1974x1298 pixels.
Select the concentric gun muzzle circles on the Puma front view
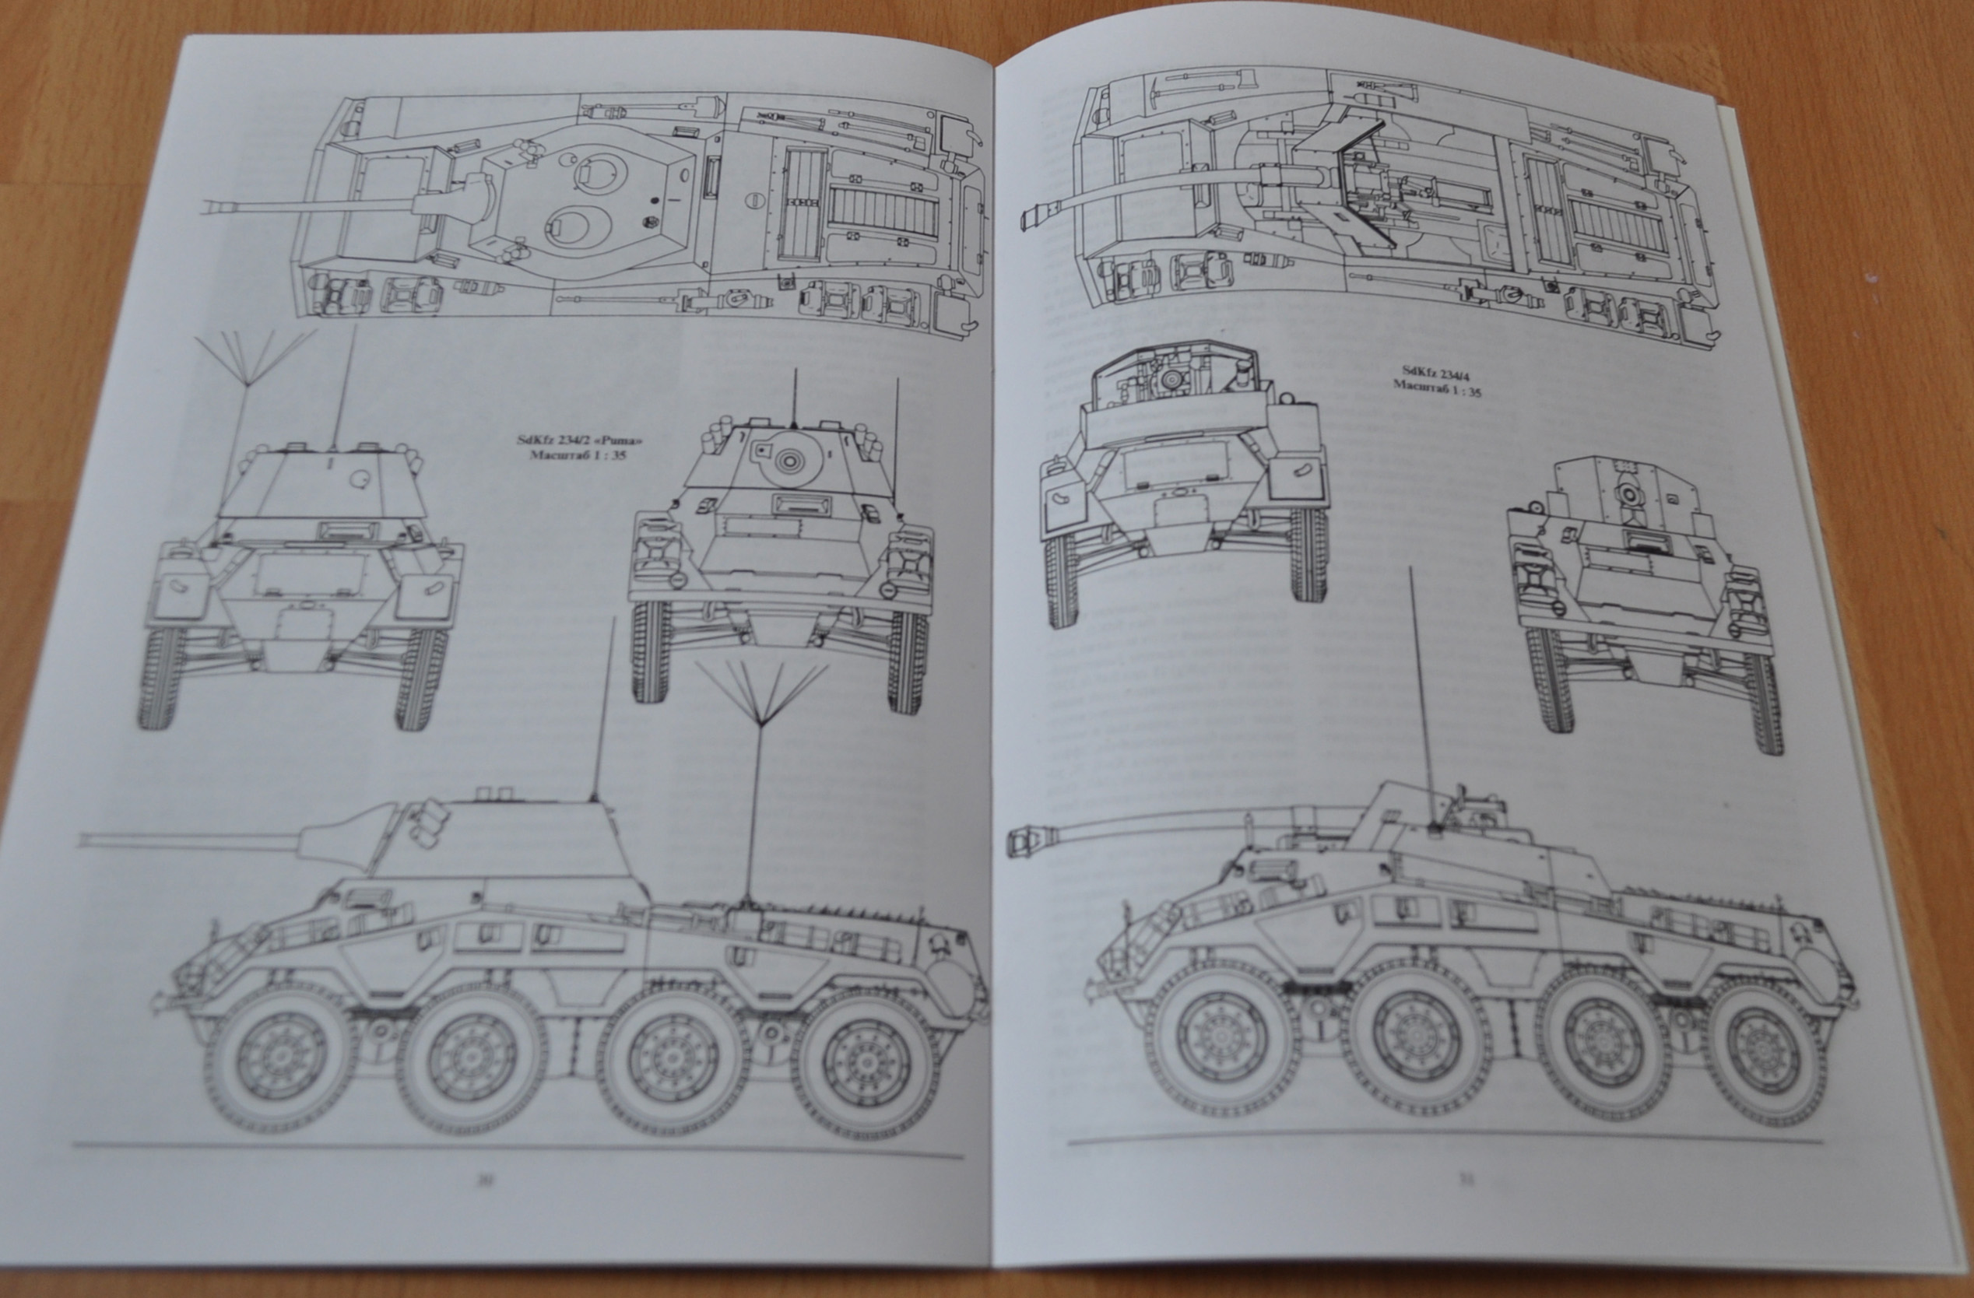tap(785, 458)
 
